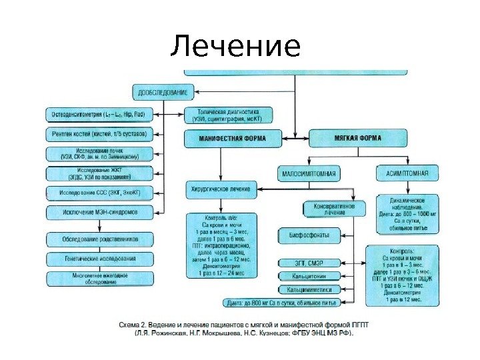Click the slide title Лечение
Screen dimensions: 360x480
click(x=235, y=47)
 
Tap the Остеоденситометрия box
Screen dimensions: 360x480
click(x=99, y=115)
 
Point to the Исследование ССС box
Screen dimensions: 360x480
click(x=99, y=193)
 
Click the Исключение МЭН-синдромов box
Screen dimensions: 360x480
click(x=99, y=213)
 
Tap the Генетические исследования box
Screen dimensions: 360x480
click(x=99, y=258)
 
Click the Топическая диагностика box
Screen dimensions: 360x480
click(x=223, y=115)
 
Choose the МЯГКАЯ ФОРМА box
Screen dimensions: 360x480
click(x=357, y=139)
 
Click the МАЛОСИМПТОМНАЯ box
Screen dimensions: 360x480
click(x=307, y=174)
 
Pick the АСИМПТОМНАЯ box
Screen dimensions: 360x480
click(x=407, y=174)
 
